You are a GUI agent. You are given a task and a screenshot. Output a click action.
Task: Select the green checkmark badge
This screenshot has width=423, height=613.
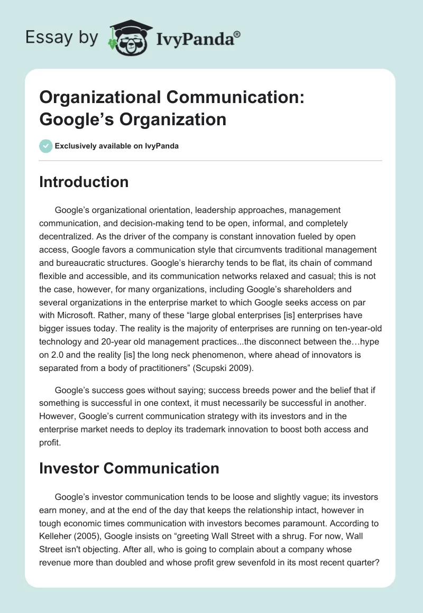(45, 146)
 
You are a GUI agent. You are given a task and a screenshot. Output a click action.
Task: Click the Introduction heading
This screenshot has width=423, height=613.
(84, 182)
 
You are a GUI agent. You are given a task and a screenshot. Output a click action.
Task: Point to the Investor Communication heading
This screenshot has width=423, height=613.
(129, 468)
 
